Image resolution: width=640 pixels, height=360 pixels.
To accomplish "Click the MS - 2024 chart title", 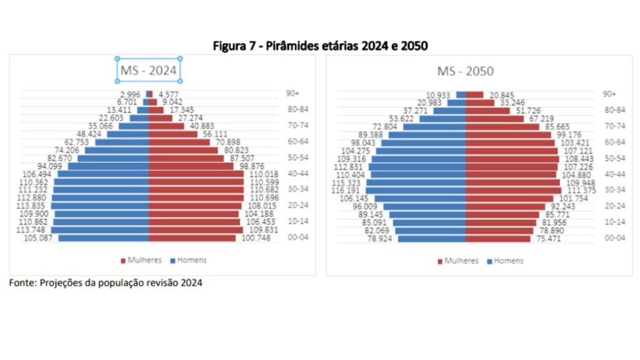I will (x=149, y=70).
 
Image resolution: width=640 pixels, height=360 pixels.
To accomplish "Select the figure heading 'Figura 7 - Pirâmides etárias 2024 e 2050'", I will (x=320, y=46).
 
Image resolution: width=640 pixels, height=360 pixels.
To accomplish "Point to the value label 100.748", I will (x=255, y=238).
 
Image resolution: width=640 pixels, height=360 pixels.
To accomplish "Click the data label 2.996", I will (x=130, y=94).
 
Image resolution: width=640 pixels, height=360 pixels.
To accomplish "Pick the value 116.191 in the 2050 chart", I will (x=348, y=191).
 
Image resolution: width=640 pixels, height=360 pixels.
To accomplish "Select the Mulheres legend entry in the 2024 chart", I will (x=141, y=260).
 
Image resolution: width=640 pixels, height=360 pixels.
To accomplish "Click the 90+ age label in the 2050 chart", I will (x=609, y=94).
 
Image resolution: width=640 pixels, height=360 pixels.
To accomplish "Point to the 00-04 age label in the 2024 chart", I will (x=291, y=238).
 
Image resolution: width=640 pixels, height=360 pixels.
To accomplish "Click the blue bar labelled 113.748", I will (x=100, y=230).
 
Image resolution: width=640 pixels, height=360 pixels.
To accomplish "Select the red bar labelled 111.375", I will (x=513, y=191).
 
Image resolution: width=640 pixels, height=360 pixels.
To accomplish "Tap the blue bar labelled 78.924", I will (x=432, y=239).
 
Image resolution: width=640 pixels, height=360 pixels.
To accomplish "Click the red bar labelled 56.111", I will (x=172, y=134).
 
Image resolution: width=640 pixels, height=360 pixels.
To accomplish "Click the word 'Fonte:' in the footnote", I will (x=22, y=282).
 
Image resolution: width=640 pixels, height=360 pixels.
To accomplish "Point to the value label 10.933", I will (x=439, y=95).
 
